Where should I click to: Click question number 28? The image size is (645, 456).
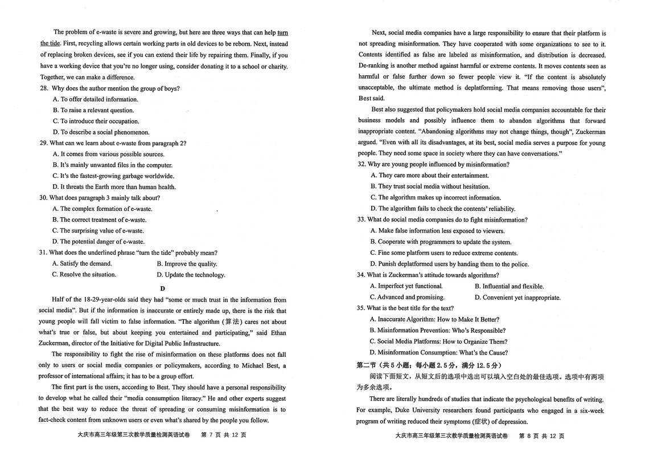point(44,88)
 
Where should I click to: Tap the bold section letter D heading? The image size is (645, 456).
point(162,288)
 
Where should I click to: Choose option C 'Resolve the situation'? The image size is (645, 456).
point(84,275)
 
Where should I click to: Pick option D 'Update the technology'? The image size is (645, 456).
point(191,275)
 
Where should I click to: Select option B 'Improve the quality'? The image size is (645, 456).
point(187,264)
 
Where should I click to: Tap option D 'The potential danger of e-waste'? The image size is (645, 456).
point(98,242)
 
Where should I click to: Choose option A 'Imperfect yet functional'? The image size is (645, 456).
point(406,286)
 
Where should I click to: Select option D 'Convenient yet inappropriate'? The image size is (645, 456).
point(517,298)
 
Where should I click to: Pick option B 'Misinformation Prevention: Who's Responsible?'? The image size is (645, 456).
point(437,331)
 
